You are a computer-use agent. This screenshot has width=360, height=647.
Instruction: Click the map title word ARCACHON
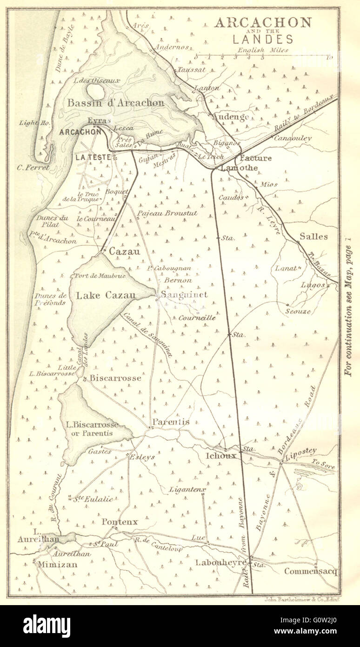point(262,23)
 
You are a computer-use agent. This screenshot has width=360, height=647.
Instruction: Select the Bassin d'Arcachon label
point(116,102)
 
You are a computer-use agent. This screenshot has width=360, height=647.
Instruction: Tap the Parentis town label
point(171,422)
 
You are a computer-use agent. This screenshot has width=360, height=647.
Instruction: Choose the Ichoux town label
point(220,456)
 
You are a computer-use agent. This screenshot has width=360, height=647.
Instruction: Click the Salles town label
point(313,236)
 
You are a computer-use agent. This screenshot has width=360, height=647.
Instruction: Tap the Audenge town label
point(230,117)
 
